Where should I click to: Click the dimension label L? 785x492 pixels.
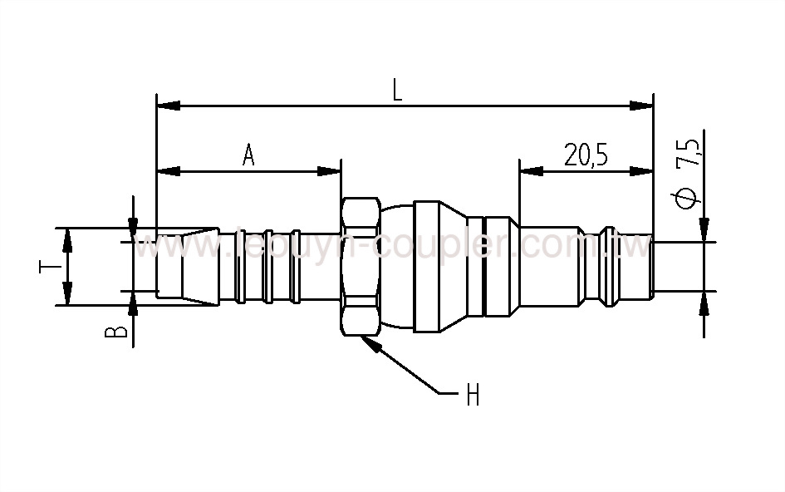(397, 90)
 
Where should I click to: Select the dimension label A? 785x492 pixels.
(248, 155)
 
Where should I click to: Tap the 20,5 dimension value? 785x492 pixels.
(586, 155)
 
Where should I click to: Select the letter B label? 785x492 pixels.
(120, 332)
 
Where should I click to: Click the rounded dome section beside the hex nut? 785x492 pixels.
(397, 266)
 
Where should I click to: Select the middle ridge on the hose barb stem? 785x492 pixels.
(267, 266)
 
